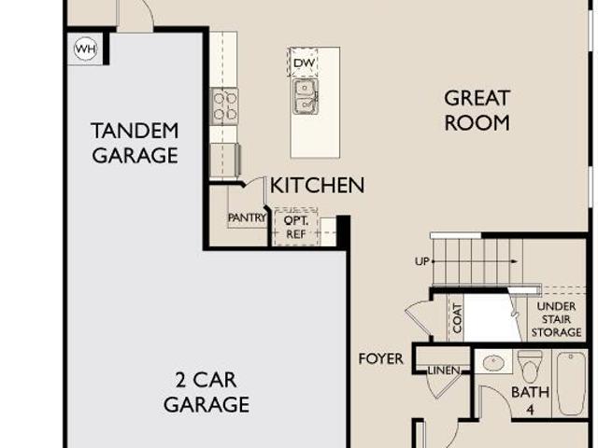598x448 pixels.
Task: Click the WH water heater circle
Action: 85,49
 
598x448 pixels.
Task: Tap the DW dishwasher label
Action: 304,63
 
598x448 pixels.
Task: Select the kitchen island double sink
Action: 306,97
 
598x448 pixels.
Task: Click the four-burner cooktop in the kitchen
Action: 224,106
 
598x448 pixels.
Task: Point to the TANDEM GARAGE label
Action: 135,143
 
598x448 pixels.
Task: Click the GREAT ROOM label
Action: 477,110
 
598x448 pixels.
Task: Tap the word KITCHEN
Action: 317,186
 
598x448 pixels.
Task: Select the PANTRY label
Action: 247,217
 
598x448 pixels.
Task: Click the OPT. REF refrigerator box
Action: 296,227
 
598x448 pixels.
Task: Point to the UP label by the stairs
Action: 422,261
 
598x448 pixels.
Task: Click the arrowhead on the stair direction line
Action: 515,261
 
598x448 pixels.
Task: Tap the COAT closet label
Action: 457,318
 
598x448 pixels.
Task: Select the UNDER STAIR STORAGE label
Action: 556,319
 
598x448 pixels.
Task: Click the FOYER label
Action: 380,358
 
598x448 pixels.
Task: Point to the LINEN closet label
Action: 444,371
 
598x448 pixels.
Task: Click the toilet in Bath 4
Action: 530,367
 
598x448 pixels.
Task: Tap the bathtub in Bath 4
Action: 571,384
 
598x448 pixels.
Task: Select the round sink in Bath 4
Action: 493,362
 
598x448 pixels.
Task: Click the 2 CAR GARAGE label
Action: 206,392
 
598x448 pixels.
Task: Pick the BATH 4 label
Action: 530,400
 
